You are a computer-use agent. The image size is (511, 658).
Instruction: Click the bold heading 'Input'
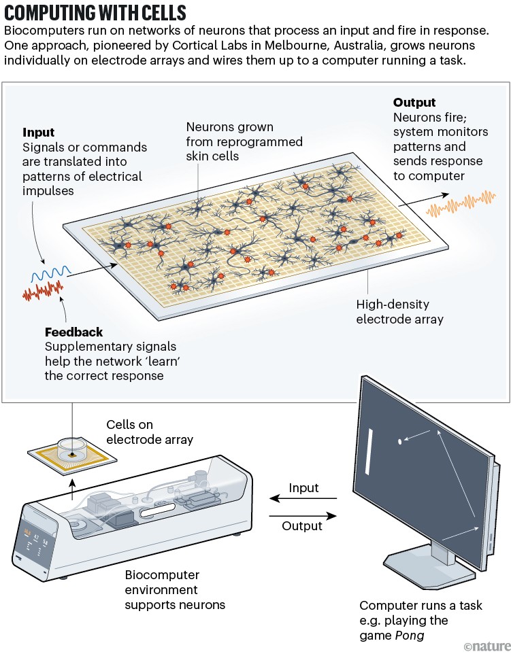pos(39,133)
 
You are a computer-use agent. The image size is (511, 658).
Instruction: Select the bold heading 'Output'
pos(414,103)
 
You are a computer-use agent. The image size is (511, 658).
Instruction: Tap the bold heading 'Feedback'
pos(73,332)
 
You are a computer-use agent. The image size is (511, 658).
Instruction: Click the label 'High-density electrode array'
pos(399,311)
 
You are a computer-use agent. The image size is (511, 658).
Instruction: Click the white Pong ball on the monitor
pos(399,443)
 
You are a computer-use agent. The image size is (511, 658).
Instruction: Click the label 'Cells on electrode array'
pos(149,432)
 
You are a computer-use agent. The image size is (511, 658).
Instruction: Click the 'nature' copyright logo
pos(486,646)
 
